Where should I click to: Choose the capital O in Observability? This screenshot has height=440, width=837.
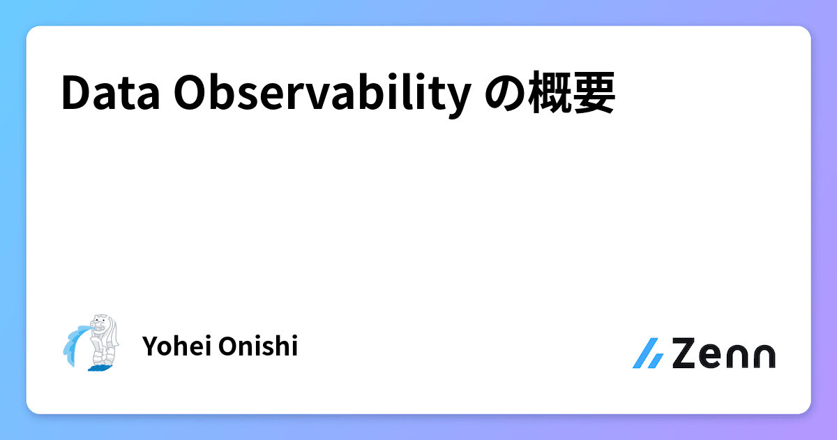click(x=190, y=94)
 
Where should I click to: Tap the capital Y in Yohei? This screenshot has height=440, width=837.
click(x=149, y=346)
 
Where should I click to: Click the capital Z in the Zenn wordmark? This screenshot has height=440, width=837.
click(x=687, y=353)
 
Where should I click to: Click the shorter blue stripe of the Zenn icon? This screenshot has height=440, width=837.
click(x=656, y=360)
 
